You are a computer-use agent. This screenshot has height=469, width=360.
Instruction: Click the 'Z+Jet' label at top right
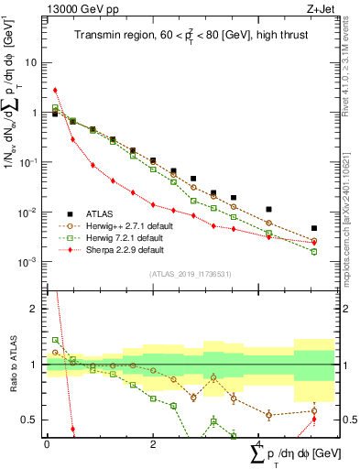point(319,8)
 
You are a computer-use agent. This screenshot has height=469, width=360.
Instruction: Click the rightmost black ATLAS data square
point(314,228)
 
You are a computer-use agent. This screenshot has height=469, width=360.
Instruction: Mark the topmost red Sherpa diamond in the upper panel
point(55,91)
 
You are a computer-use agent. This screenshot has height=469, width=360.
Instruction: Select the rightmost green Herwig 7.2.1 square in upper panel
point(314,251)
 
